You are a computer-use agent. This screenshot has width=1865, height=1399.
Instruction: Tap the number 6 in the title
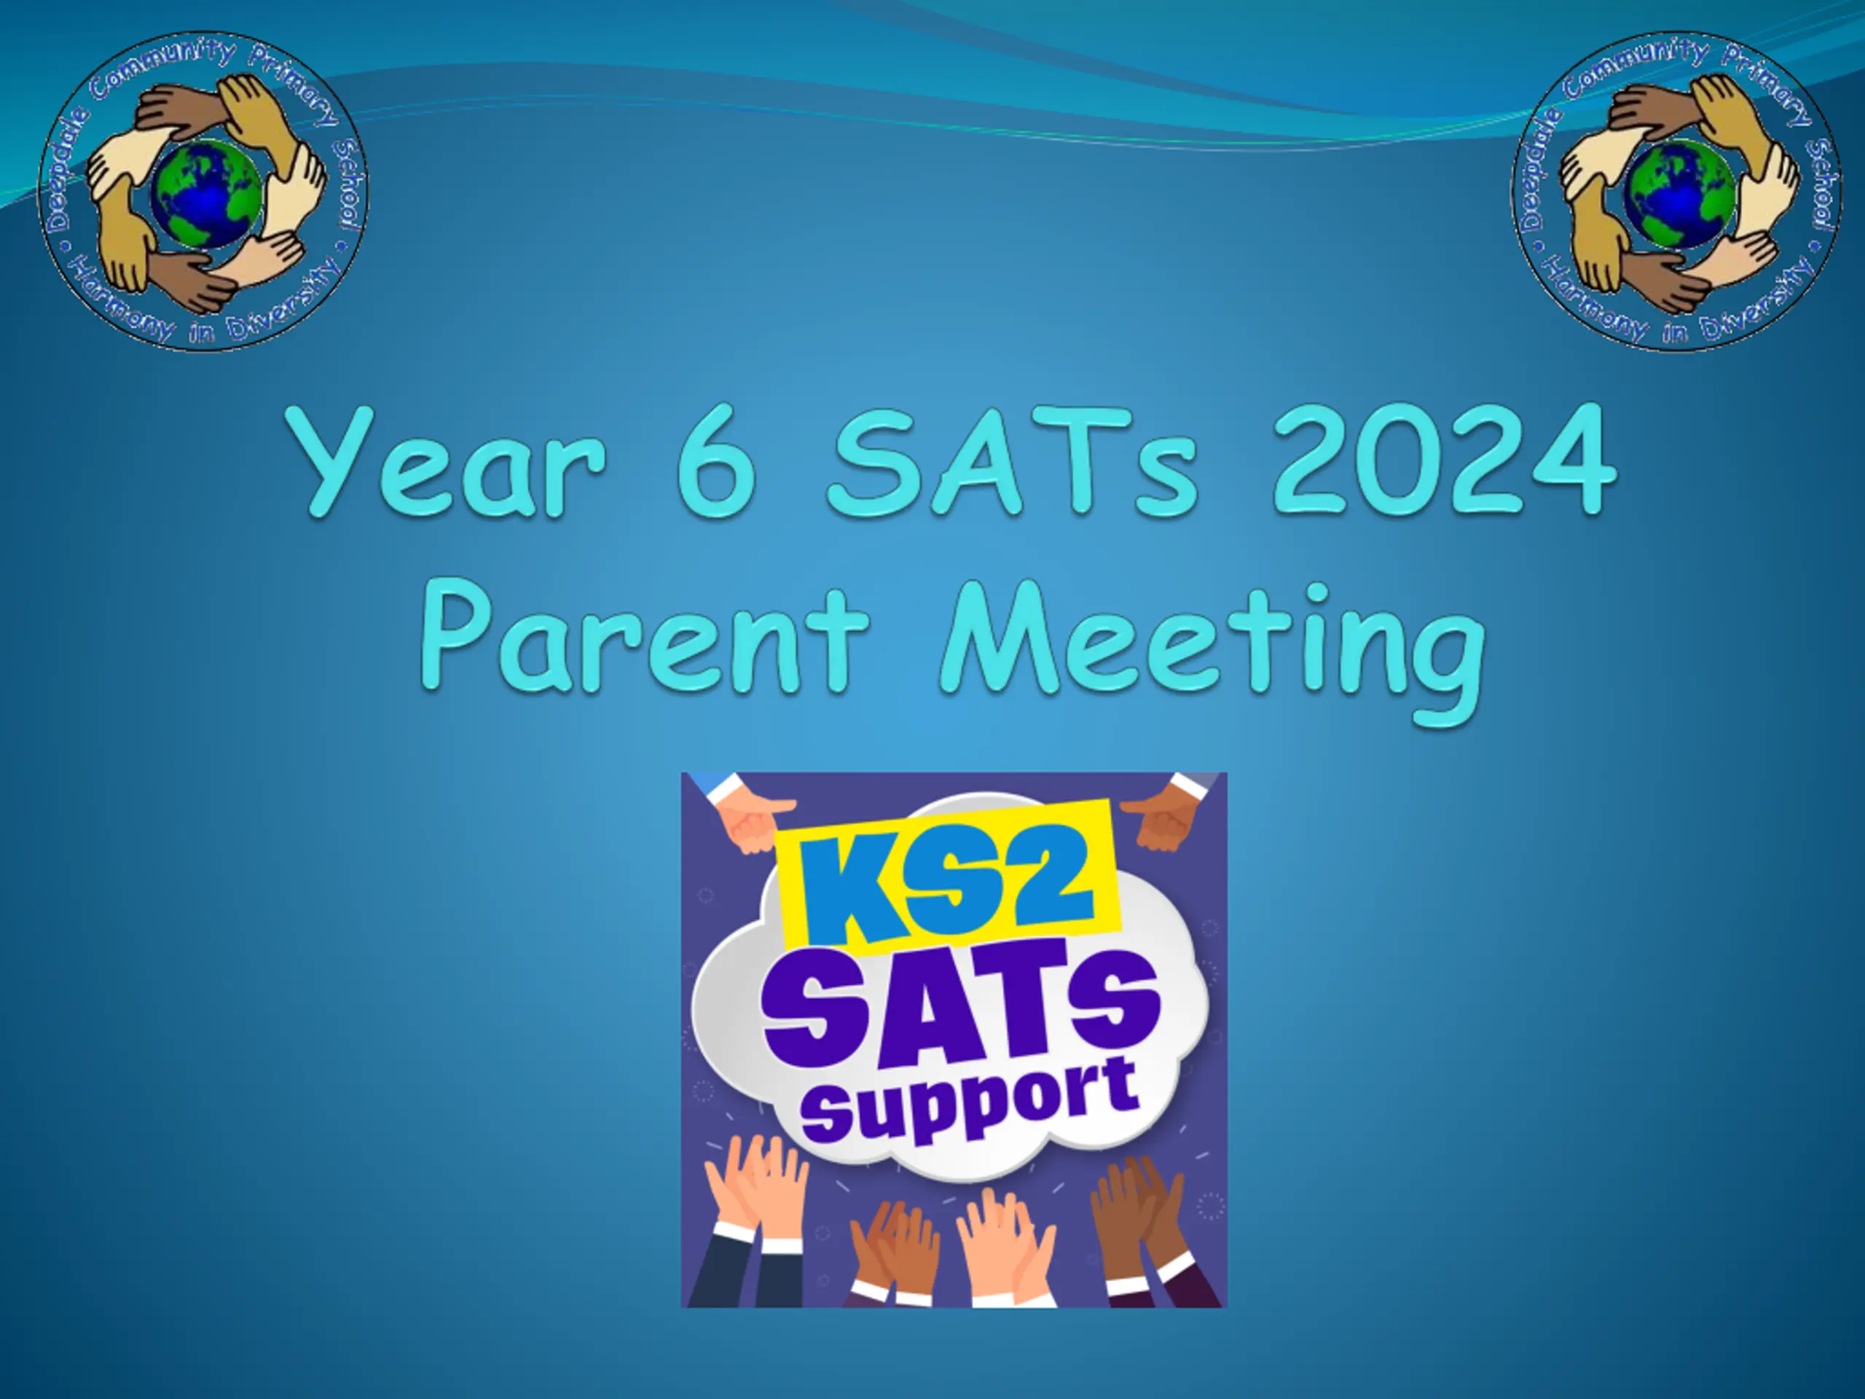pos(716,462)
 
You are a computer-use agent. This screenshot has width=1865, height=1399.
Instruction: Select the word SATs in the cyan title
pos(1012,462)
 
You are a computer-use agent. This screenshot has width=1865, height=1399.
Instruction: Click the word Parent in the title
pos(645,637)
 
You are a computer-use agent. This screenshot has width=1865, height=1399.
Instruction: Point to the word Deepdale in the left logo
pos(64,168)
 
